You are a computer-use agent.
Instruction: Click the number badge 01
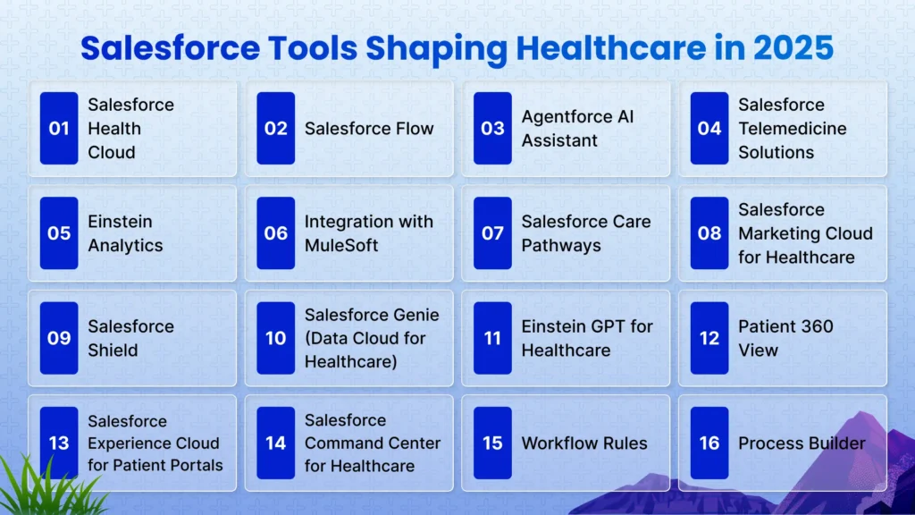59,128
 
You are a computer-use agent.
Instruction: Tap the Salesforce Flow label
369,129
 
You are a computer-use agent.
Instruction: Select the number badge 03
492,128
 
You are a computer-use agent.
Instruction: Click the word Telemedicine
792,129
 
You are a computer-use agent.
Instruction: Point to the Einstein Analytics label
125,233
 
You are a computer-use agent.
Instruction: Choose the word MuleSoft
341,245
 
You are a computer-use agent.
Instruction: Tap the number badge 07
492,233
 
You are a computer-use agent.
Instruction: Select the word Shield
113,350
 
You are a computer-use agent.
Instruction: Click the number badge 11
492,338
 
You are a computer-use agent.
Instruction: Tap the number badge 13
59,443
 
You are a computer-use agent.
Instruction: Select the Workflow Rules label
584,443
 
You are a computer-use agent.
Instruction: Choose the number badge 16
709,443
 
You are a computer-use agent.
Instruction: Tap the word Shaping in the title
436,49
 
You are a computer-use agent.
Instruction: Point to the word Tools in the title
313,48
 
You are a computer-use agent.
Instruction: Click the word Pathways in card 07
561,246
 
